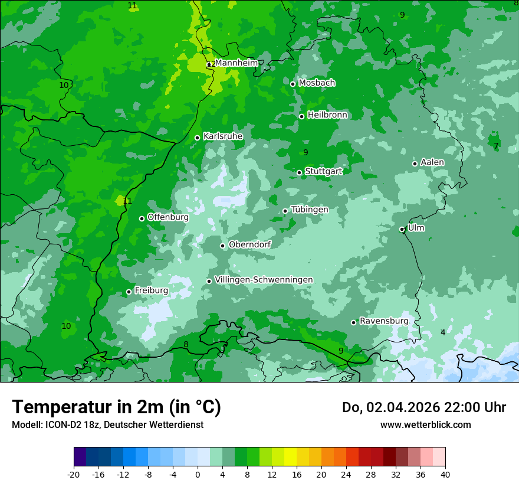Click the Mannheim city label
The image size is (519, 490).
(236, 63)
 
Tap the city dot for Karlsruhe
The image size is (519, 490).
(198, 138)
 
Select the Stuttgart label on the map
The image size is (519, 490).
(323, 171)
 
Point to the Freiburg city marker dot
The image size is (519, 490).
(129, 292)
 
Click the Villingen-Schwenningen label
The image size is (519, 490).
(264, 280)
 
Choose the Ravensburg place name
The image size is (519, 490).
(383, 321)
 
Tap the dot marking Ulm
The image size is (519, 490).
(402, 229)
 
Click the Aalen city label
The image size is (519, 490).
(432, 162)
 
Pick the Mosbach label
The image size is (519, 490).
(317, 83)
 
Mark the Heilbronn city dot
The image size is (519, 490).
(301, 116)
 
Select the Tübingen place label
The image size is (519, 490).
(310, 210)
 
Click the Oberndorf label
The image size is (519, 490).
(249, 244)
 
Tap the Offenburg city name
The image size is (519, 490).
(168, 217)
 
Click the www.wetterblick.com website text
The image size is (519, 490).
(425, 424)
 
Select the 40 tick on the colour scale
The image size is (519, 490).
(445, 474)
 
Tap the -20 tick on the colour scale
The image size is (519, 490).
(74, 474)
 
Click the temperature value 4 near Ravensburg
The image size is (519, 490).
(443, 332)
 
